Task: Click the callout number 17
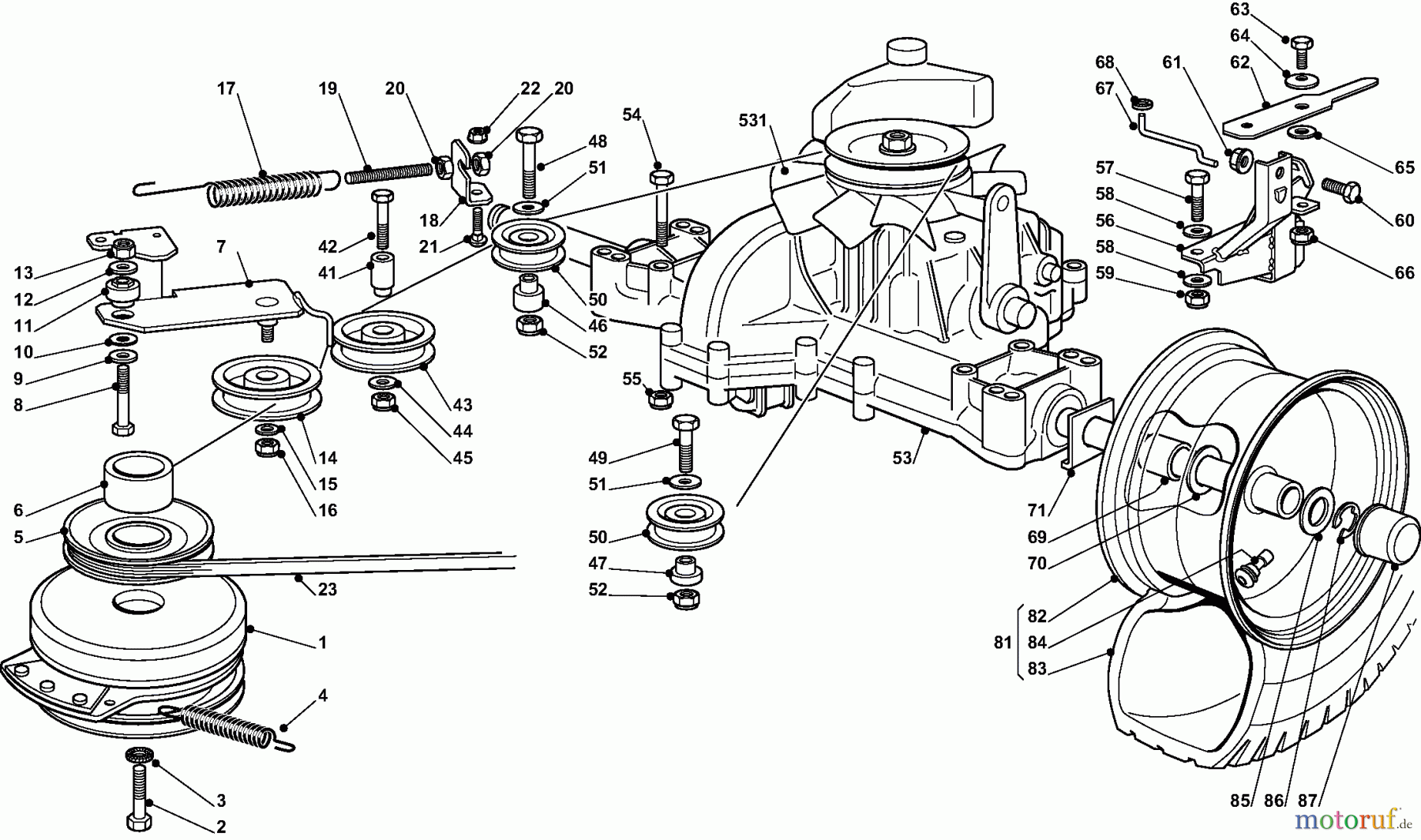coord(227,88)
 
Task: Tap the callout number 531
coord(752,120)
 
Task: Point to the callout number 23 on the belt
coord(327,589)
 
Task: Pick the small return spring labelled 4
coord(229,725)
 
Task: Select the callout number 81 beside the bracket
coord(1003,643)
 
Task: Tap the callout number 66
coord(1404,272)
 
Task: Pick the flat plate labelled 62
coord(1295,105)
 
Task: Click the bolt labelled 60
coord(1340,189)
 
